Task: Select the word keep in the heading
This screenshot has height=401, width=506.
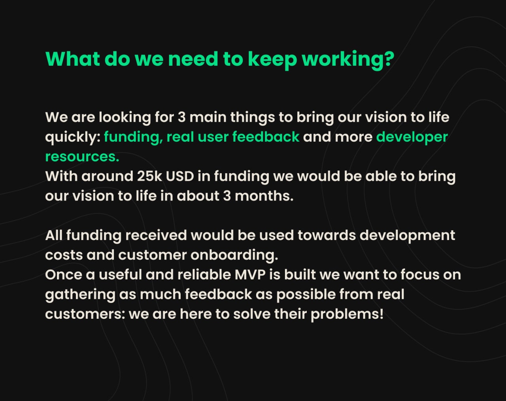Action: click(x=273, y=60)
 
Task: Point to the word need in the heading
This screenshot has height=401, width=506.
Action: click(x=193, y=59)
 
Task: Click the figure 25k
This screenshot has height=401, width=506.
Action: click(x=150, y=176)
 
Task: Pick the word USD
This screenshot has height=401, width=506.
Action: click(x=180, y=176)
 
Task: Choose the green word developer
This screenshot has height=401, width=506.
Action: click(x=412, y=137)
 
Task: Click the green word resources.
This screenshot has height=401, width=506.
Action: click(x=82, y=157)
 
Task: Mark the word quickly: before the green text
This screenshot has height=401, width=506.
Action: click(x=73, y=137)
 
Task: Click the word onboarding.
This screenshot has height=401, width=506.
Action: click(x=234, y=255)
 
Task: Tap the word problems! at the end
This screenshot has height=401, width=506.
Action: click(x=347, y=314)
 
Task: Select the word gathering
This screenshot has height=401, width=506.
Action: click(x=80, y=295)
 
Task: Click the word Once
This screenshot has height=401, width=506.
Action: click(x=64, y=274)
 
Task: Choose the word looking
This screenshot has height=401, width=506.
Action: click(x=125, y=117)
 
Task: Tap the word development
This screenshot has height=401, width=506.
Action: click(x=407, y=236)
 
